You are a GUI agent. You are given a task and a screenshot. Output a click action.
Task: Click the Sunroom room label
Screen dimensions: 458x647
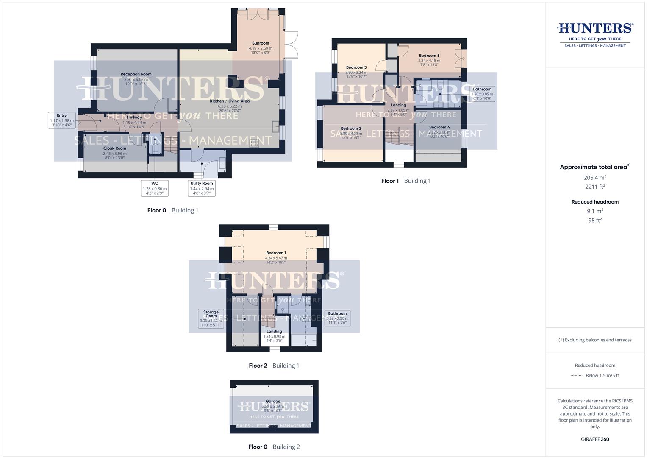pyautogui.click(x=261, y=43)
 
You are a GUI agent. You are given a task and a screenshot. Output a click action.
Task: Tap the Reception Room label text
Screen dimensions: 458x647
pyautogui.click(x=136, y=75)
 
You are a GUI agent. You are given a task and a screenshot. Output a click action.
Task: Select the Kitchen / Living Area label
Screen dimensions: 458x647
pyautogui.click(x=230, y=101)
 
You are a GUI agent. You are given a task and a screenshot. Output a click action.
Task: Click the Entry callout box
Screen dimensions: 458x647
pyautogui.click(x=62, y=120)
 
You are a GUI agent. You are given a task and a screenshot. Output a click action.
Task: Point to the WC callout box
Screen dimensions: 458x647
pyautogui.click(x=155, y=188)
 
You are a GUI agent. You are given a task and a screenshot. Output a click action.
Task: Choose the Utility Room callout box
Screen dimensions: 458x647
pyautogui.click(x=202, y=188)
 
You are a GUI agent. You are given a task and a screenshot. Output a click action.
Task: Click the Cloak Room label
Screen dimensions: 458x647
pyautogui.click(x=115, y=149)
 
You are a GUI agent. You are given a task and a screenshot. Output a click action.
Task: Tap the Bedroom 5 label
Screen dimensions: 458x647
pyautogui.click(x=429, y=56)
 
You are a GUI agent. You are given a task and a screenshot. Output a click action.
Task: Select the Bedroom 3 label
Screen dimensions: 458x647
pyautogui.click(x=356, y=67)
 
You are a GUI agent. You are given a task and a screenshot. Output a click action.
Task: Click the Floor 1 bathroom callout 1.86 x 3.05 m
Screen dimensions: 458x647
pyautogui.click(x=482, y=94)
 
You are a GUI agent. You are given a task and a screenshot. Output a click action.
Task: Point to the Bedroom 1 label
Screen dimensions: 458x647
pyautogui.click(x=276, y=253)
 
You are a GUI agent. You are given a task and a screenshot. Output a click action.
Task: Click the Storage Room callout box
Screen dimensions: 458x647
pyautogui.click(x=211, y=318)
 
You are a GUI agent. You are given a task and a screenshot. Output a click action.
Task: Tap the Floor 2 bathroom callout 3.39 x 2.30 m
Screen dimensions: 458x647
pyautogui.click(x=337, y=318)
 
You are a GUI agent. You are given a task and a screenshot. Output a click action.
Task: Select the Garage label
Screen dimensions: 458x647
pyautogui.click(x=273, y=401)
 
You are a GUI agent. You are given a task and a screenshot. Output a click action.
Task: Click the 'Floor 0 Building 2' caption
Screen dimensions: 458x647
pyautogui.click(x=274, y=447)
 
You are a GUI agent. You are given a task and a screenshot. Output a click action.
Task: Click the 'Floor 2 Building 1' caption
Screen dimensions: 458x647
pyautogui.click(x=274, y=366)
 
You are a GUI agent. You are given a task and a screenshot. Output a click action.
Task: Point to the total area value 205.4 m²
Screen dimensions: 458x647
pyautogui.click(x=595, y=178)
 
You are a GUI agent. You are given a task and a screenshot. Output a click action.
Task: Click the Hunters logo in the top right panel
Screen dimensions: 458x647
pyautogui.click(x=595, y=34)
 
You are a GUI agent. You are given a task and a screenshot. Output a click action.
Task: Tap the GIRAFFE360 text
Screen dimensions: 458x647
pyautogui.click(x=595, y=439)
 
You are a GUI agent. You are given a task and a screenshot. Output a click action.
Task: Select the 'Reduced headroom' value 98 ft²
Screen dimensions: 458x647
pyautogui.click(x=595, y=220)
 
